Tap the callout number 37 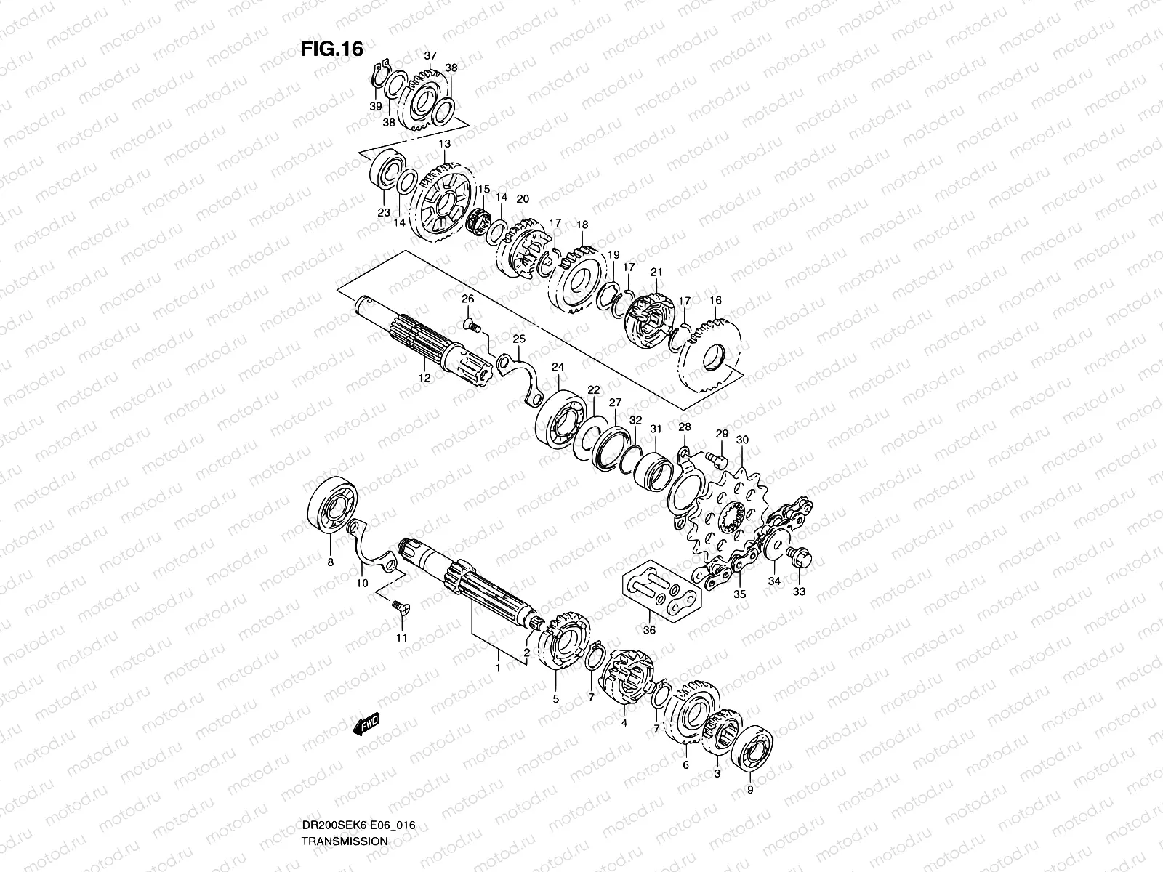430,56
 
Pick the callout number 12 424,377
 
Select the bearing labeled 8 333,506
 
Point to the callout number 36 649,630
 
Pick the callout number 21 656,272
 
